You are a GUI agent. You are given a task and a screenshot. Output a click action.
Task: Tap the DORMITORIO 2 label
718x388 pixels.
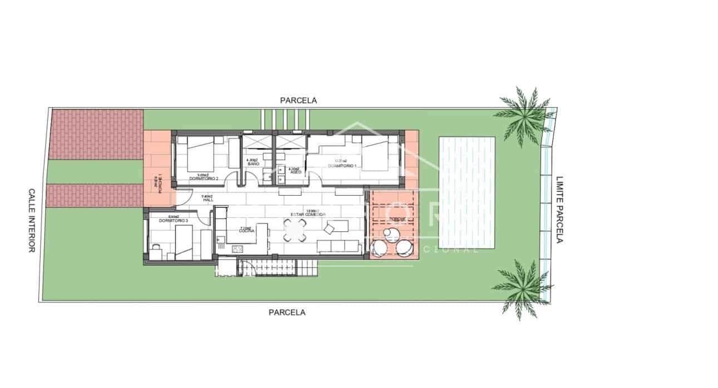[x=203, y=178]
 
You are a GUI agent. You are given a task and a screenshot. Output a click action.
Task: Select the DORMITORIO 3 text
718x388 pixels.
[x=173, y=221]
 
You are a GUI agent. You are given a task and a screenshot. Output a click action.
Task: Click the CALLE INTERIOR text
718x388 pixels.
[x=32, y=220]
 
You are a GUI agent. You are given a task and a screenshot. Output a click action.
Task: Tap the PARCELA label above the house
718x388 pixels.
[x=298, y=101]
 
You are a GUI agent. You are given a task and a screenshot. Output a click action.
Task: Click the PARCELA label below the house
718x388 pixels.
[x=287, y=312]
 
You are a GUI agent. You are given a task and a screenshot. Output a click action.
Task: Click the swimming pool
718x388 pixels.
[x=467, y=192]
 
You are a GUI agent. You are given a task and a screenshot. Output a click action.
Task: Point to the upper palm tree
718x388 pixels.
[x=523, y=113]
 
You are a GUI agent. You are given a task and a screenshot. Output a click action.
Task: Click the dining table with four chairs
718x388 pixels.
[x=295, y=230]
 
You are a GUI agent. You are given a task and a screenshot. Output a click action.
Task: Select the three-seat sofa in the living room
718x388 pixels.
[x=337, y=246]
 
